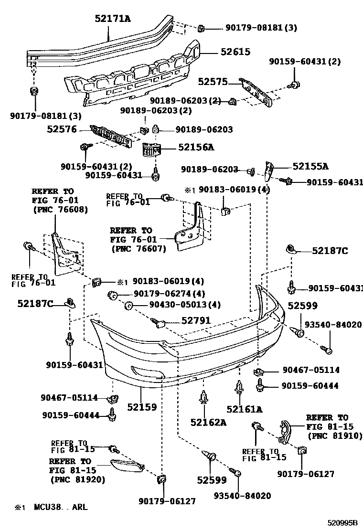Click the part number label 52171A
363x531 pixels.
click(113, 19)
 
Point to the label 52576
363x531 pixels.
click(62, 129)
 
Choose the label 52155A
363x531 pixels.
click(311, 166)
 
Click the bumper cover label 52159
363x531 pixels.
click(142, 407)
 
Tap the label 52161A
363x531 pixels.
click(245, 409)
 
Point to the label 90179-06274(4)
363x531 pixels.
click(169, 294)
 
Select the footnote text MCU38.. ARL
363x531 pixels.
click(60, 507)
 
